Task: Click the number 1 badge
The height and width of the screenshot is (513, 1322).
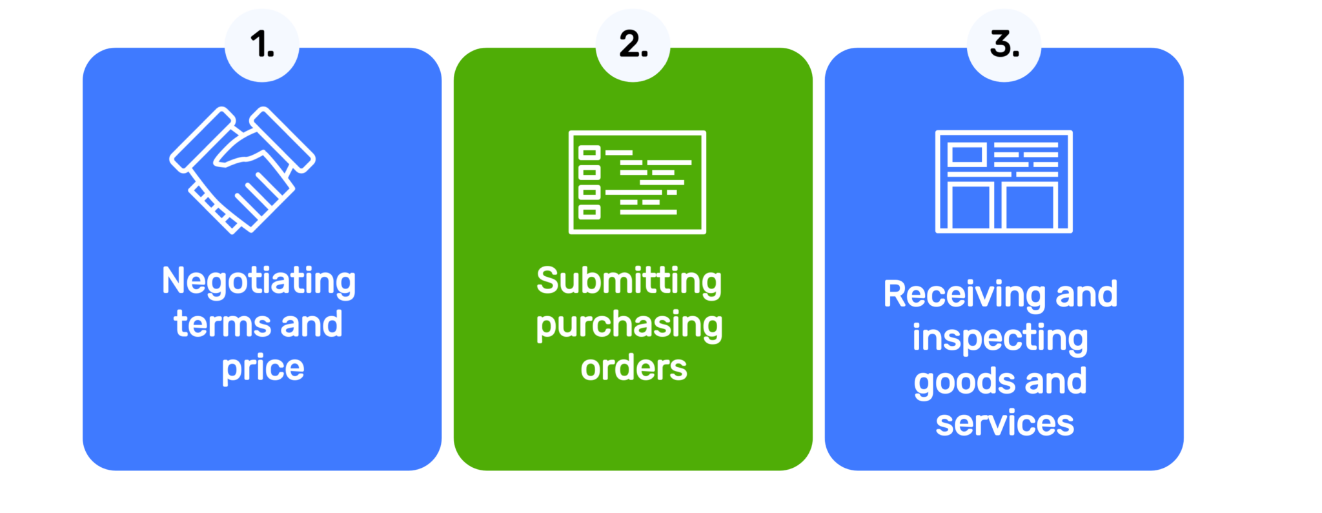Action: click(261, 45)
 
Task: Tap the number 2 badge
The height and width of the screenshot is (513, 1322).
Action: click(633, 45)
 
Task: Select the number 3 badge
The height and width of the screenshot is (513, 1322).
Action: click(1004, 45)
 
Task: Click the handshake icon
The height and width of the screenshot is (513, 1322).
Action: click(243, 170)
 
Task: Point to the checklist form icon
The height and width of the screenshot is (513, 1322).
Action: click(637, 182)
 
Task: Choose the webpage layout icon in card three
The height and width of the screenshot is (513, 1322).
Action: click(1004, 181)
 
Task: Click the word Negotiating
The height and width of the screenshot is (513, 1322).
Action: click(259, 282)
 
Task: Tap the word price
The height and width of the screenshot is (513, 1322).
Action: click(263, 368)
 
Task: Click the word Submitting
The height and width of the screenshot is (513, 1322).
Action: click(629, 282)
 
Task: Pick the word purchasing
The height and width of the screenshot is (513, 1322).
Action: click(629, 325)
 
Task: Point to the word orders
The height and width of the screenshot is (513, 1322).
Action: click(633, 368)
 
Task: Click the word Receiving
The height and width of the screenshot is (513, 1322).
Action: click(965, 295)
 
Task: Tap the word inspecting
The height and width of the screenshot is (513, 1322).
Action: click(1000, 338)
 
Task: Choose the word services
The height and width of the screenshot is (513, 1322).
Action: click(1004, 423)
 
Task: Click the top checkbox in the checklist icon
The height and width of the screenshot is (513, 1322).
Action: click(589, 153)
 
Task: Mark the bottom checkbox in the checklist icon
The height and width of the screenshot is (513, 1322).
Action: click(589, 212)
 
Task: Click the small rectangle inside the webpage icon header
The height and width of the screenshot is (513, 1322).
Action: click(966, 156)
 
